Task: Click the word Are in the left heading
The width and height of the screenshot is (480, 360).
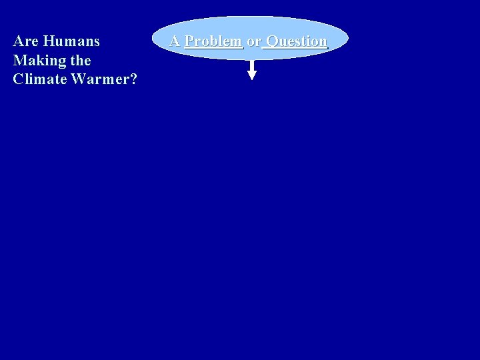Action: click(x=25, y=41)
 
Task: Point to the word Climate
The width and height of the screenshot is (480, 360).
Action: click(x=37, y=79)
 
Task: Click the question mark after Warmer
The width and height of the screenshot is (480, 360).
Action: click(x=133, y=79)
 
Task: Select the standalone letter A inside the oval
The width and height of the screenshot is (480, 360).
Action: click(x=175, y=41)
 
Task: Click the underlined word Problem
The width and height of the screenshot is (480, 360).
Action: click(x=213, y=41)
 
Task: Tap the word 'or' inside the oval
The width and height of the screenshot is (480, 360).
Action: click(x=253, y=41)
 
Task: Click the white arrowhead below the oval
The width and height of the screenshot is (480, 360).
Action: click(x=252, y=75)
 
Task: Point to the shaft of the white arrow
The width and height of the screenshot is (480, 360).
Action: click(x=252, y=65)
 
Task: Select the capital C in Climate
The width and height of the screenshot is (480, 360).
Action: click(x=18, y=79)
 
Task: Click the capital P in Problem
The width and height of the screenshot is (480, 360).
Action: click(x=189, y=41)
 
